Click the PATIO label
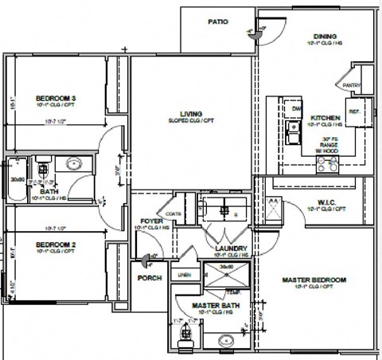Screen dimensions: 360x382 click(219, 22)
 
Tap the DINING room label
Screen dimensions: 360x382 click(325, 37)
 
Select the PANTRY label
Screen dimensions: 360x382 click(352, 84)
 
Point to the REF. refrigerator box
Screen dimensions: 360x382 click(355, 112)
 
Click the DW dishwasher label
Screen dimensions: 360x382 click(296, 109)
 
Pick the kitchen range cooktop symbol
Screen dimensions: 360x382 click(326, 164)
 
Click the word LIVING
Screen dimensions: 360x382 click(190, 114)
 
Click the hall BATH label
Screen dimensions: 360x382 click(49, 192)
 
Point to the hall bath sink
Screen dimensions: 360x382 click(73, 165)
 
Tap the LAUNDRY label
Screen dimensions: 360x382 click(231, 248)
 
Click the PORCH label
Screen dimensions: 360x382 click(149, 278)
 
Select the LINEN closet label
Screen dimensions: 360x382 click(184, 275)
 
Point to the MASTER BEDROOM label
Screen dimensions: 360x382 click(315, 280)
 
